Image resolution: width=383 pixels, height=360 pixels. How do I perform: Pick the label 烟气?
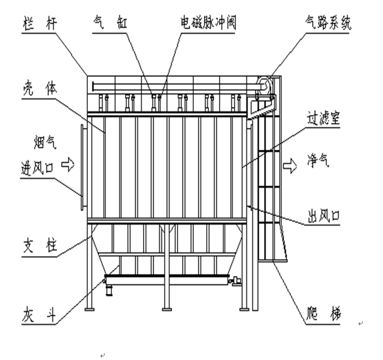[42, 146]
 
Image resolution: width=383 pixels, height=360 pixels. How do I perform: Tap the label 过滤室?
[324, 118]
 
